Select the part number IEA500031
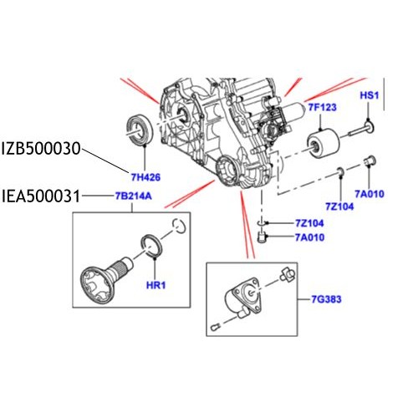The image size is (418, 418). [x=41, y=197]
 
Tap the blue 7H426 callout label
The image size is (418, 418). [x=145, y=176]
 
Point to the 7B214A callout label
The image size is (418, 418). [x=134, y=197]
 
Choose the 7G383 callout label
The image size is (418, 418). [x=324, y=298]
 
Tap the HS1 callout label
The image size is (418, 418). [x=370, y=97]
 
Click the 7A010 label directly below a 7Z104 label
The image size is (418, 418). [x=310, y=237]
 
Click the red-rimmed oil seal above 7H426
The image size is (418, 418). [x=138, y=128]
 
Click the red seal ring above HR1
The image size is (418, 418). [x=152, y=246]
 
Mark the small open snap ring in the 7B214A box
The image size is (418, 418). [x=176, y=224]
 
